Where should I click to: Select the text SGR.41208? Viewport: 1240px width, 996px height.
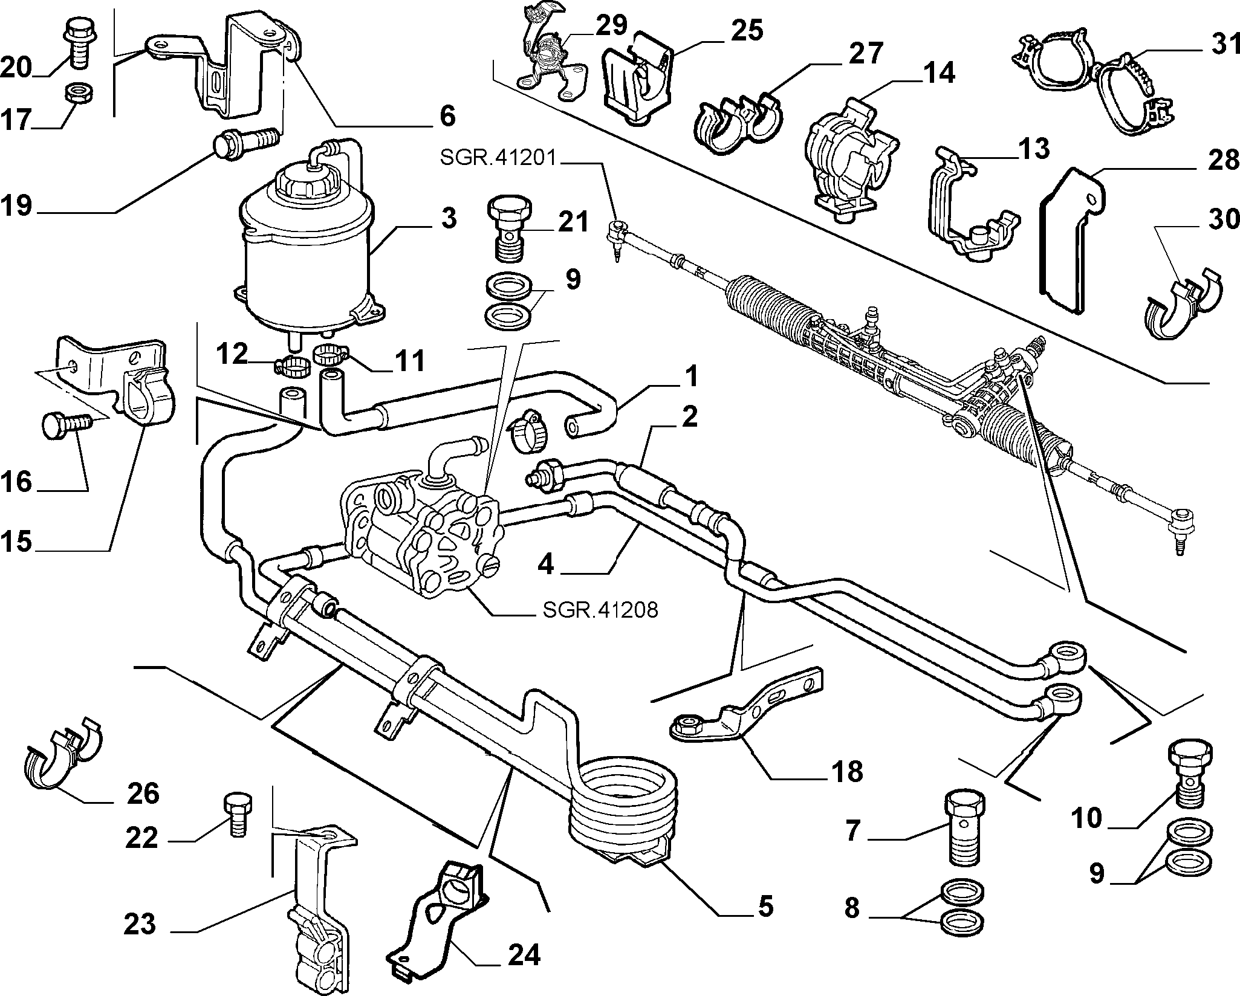(600, 610)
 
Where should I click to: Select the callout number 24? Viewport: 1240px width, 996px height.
(524, 956)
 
